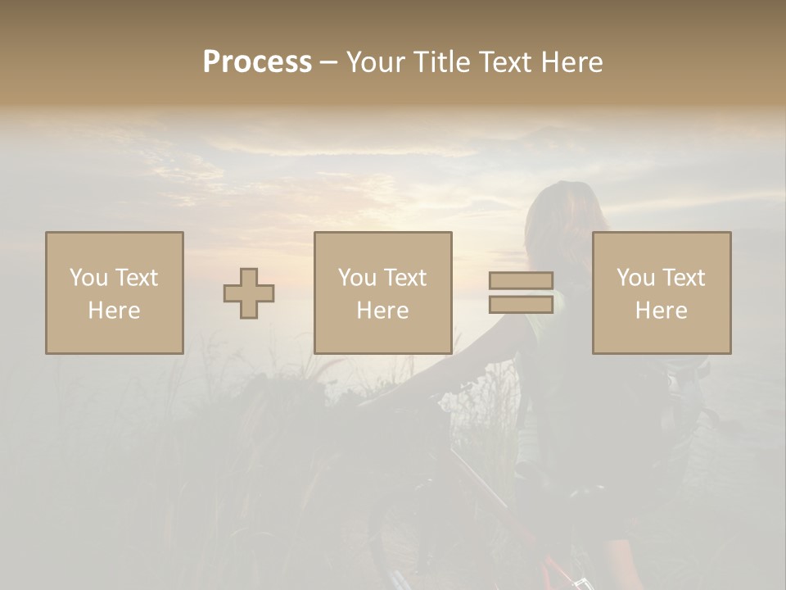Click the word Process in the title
point(257,62)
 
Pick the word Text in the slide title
point(504,62)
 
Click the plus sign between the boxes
point(249,293)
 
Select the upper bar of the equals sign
point(521,281)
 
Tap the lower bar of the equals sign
point(521,304)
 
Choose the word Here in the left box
point(114,311)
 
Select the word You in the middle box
point(356,278)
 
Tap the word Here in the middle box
point(382,311)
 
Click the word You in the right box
point(635,278)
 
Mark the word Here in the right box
point(661,311)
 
